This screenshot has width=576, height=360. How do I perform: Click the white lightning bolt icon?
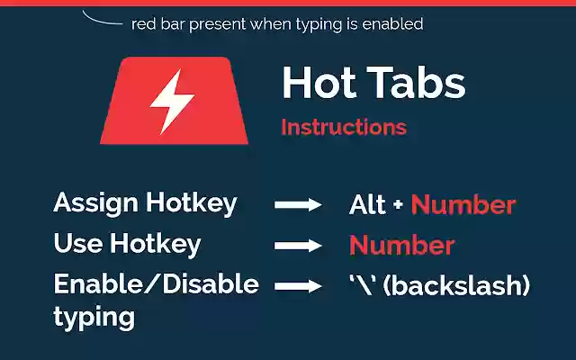[172, 102]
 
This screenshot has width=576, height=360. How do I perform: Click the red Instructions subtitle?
[343, 127]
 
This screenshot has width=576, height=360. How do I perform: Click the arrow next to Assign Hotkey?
[298, 206]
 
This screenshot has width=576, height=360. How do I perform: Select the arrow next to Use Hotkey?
[298, 246]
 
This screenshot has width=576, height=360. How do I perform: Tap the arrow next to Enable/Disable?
[298, 286]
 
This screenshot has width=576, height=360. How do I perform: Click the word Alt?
[367, 205]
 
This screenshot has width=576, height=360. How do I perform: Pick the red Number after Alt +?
[463, 205]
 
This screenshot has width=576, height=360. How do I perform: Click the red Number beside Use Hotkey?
[401, 246]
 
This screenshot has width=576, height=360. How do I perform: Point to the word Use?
[76, 244]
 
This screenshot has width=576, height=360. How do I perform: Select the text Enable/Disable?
[156, 285]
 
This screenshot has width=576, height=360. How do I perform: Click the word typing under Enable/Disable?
[94, 317]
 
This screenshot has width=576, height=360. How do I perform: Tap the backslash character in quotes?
[364, 286]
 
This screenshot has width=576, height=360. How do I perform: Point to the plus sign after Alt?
[398, 206]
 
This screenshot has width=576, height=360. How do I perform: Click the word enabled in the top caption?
[392, 24]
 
